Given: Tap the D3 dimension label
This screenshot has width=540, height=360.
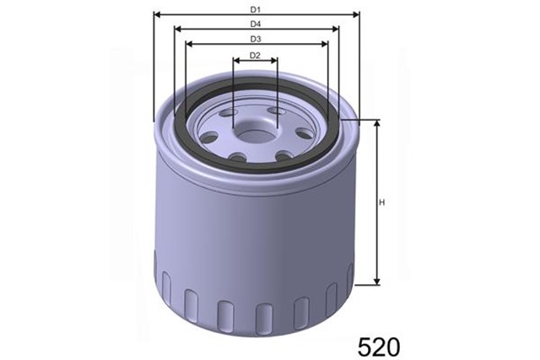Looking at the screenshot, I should [256, 39].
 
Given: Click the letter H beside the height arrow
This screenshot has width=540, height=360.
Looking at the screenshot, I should [381, 203].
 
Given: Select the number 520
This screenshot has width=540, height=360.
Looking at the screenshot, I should [379, 346].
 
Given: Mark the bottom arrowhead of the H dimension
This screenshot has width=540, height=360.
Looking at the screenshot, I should [377, 282].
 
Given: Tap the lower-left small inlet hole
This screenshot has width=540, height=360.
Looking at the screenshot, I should [237, 157].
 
